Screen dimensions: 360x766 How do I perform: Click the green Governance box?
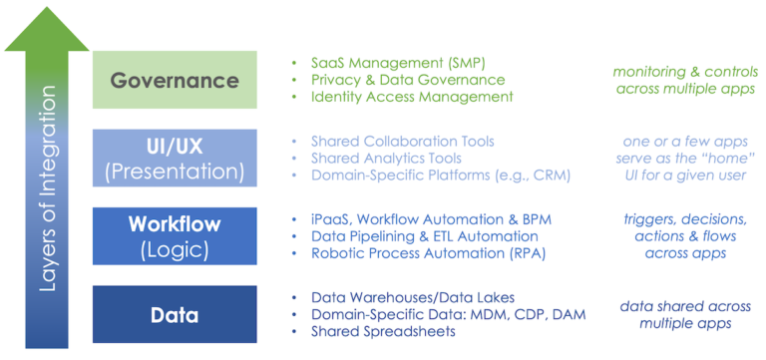click(x=175, y=80)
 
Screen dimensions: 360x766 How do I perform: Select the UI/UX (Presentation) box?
click(x=175, y=157)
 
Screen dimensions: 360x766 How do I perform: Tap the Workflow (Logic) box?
click(x=175, y=235)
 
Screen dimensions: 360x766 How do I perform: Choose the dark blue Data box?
click(x=175, y=315)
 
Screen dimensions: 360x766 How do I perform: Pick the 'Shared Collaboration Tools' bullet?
click(x=402, y=142)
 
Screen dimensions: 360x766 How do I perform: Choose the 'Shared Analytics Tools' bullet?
click(x=386, y=159)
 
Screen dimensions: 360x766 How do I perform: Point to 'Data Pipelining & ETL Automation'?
click(x=424, y=236)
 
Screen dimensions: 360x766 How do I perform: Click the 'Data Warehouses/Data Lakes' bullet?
click(x=408, y=297)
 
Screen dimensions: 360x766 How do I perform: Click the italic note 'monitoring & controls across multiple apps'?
click(x=682, y=79)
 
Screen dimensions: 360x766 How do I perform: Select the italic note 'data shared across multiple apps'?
click(x=682, y=314)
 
